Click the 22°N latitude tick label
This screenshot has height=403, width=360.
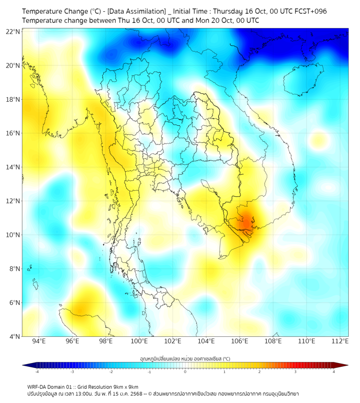[x=13, y=32]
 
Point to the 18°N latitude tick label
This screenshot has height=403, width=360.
[x=13, y=100]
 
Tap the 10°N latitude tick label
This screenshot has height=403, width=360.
[x=13, y=235]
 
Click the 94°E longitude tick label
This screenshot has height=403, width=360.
[x=39, y=342]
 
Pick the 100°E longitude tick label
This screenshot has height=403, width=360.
[x=139, y=342]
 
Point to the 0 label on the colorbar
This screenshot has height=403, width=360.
[x=185, y=372]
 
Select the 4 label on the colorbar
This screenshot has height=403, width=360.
[x=333, y=372]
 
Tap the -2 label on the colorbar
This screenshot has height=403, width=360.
[x=111, y=372]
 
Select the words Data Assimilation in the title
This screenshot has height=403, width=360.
[x=136, y=11]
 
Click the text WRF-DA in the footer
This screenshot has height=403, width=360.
[x=38, y=386]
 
